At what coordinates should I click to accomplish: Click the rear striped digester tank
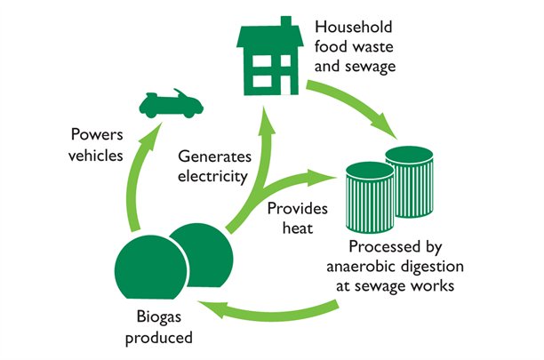(415, 173)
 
